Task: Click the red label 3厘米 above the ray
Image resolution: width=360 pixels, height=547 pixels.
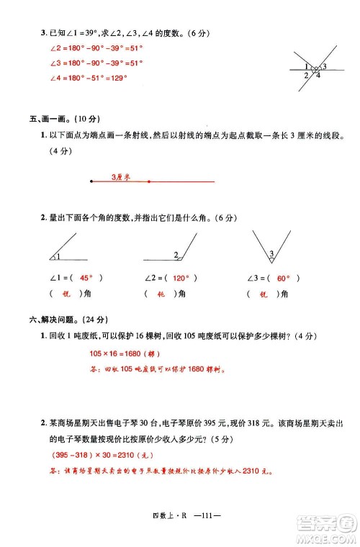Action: [x=120, y=176]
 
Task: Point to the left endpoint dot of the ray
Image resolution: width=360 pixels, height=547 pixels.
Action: [x=91, y=182]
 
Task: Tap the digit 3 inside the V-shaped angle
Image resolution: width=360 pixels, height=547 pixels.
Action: [x=271, y=253]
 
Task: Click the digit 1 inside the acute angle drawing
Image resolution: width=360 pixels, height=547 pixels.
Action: [x=57, y=257]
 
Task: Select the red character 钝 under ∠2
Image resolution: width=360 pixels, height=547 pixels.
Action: [x=163, y=294]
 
